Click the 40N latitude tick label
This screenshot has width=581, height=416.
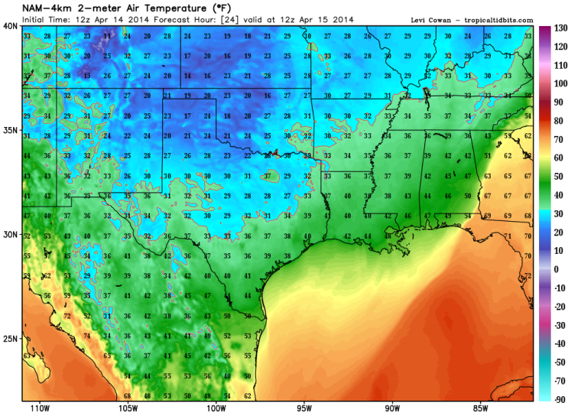pyautogui.click(x=10, y=25)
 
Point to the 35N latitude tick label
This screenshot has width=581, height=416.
pyautogui.click(x=10, y=130)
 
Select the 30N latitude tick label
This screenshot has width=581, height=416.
pyautogui.click(x=10, y=234)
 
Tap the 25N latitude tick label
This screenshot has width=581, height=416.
pyautogui.click(x=10, y=338)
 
